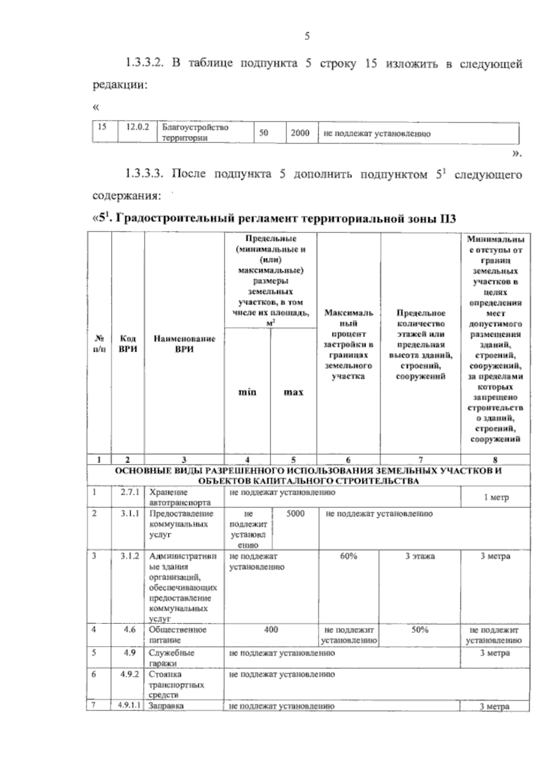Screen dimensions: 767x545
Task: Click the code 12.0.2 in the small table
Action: [x=138, y=128]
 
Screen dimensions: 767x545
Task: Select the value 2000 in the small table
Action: [x=300, y=133]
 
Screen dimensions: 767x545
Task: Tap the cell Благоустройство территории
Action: [x=195, y=133]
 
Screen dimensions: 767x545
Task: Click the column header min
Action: [x=247, y=392]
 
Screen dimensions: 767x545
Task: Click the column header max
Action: [x=293, y=392]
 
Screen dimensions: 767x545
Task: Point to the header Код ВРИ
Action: [x=128, y=344]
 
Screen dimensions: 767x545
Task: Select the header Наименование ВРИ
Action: [x=184, y=344]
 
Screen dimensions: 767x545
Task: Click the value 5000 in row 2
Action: [x=296, y=513]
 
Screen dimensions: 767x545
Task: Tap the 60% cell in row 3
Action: [x=348, y=556]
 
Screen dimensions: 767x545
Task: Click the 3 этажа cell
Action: [x=420, y=556]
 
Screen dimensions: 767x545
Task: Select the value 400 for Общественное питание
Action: [x=271, y=630]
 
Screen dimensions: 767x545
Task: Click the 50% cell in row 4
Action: [x=420, y=630]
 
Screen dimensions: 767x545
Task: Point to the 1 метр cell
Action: [x=496, y=498]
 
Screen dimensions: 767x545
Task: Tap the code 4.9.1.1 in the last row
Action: [x=129, y=706]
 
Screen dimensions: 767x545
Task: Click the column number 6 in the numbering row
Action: [x=348, y=459]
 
